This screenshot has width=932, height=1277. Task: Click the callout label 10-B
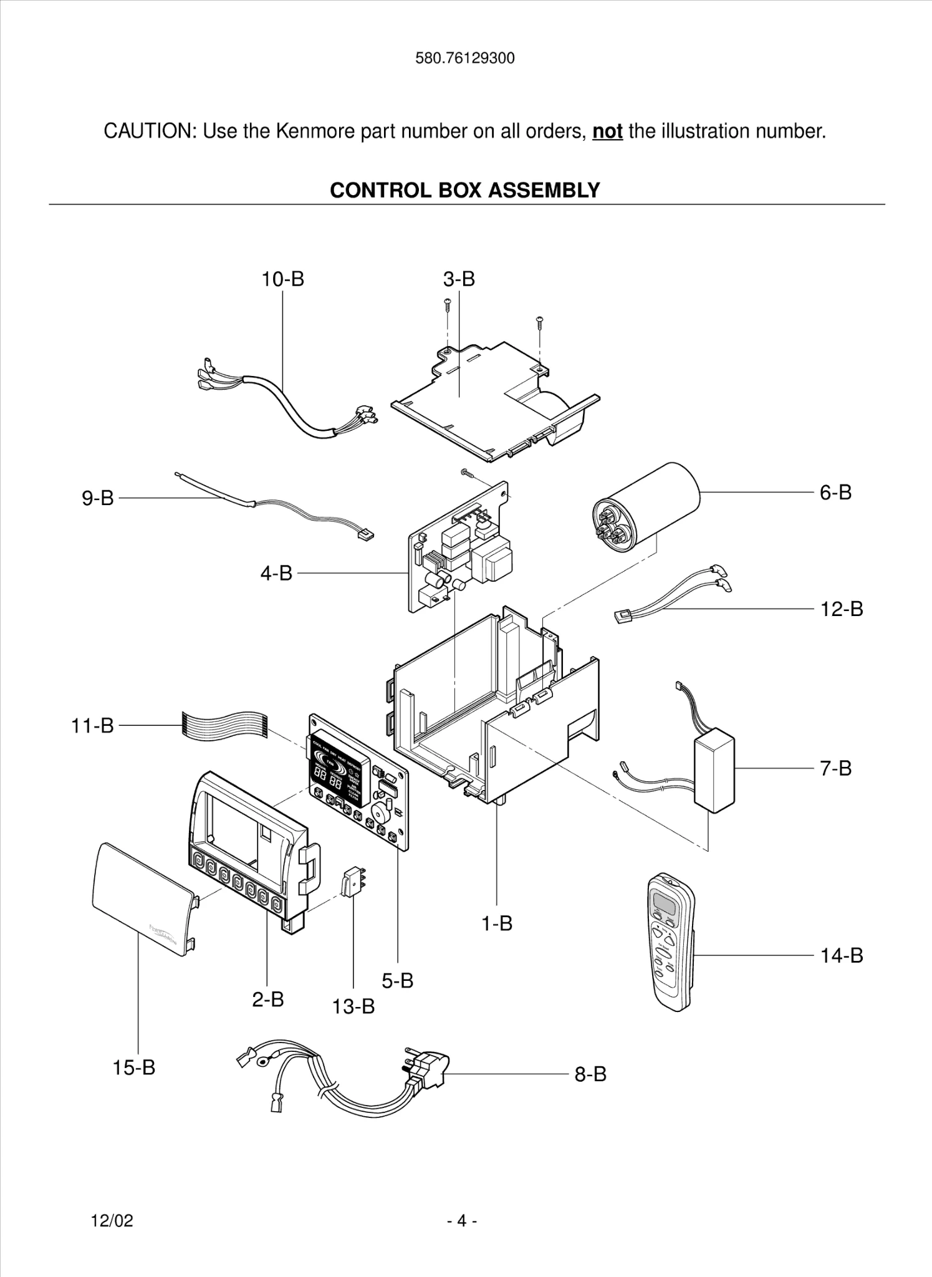tap(282, 279)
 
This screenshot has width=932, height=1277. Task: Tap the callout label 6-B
tap(835, 493)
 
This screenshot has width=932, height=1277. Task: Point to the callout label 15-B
tap(133, 1067)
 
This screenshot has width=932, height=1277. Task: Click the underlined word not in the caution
tap(607, 132)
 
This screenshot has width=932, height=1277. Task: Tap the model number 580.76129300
tap(465, 59)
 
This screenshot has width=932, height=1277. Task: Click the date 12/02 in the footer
tap(112, 1220)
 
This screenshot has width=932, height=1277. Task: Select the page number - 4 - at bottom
tap(462, 1220)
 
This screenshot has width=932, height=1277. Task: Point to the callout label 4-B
tap(276, 573)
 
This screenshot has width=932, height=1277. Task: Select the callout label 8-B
tap(590, 1074)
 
